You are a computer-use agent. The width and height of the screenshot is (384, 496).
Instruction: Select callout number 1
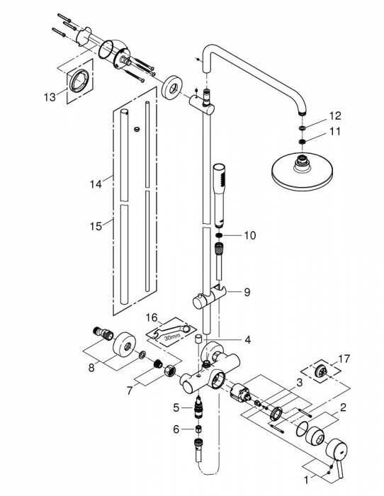pyautogui.click(x=307, y=478)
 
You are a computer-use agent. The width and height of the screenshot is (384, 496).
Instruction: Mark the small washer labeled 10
pyautogui.click(x=220, y=235)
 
